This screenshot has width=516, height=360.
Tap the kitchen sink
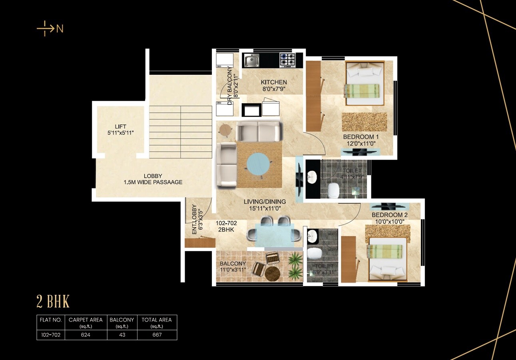point(252,60)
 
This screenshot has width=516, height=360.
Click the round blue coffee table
point(260,164)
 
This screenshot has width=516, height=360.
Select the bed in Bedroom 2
point(387,258)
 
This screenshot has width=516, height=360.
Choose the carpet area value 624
point(86,335)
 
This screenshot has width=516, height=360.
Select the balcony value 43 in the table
point(122,335)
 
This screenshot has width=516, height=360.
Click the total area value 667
point(157,335)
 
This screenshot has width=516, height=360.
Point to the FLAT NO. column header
point(50,320)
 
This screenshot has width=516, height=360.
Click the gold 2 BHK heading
point(53,302)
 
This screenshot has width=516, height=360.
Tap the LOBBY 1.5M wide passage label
point(153,179)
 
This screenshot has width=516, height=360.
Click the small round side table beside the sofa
point(225,130)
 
